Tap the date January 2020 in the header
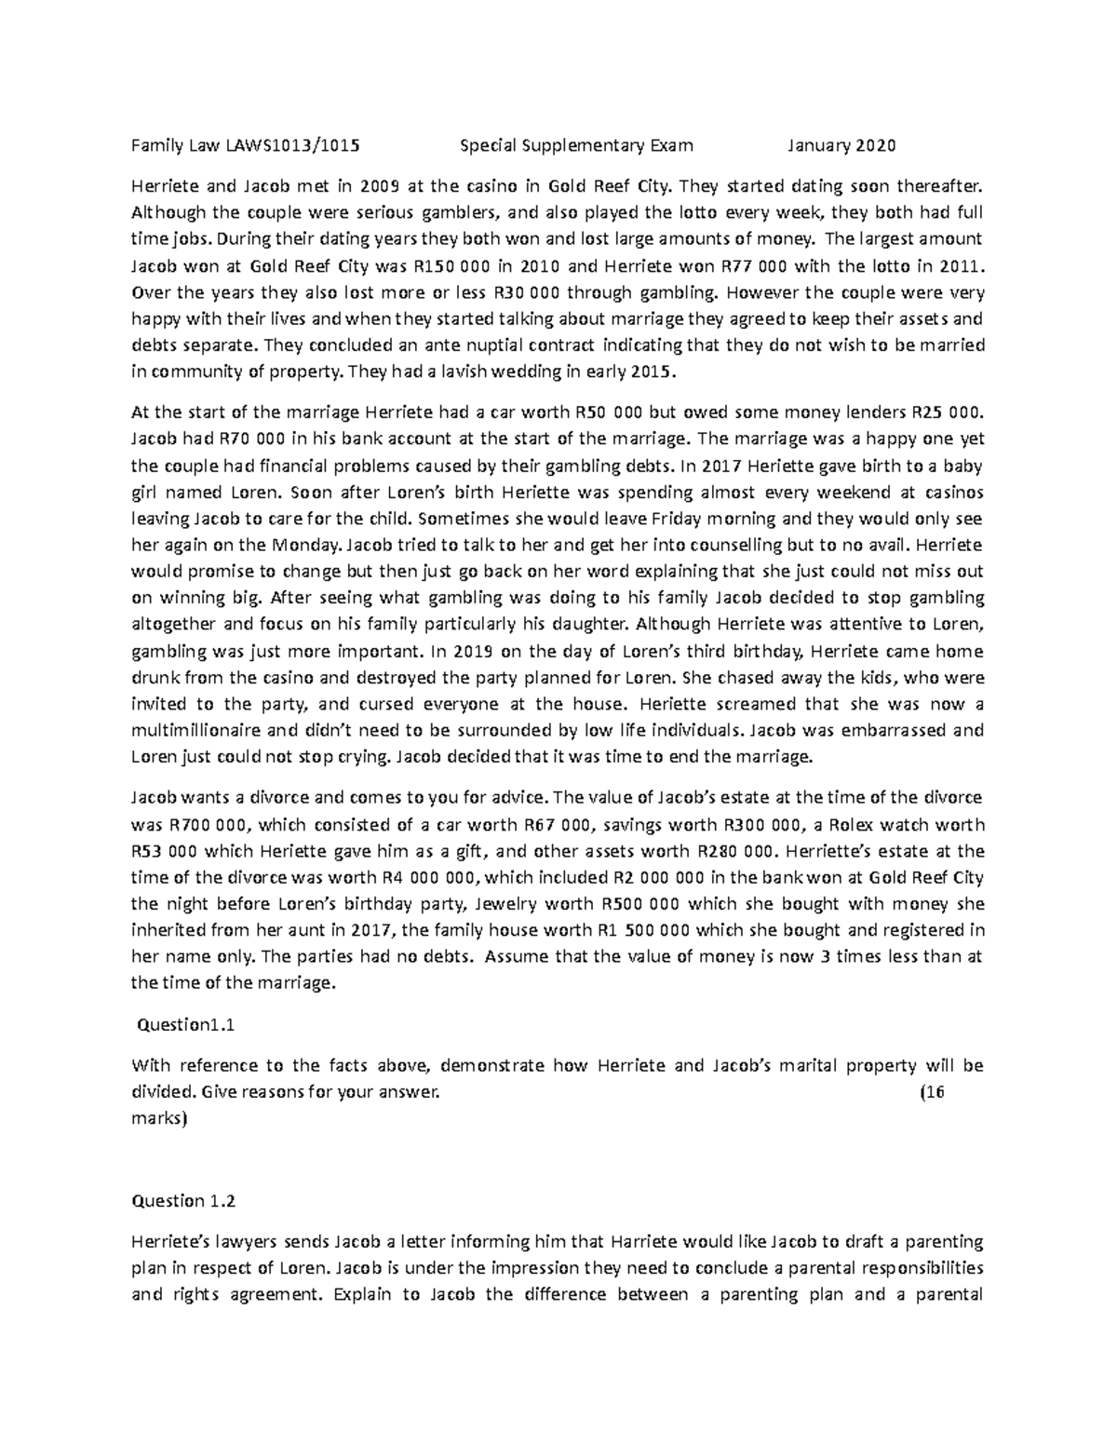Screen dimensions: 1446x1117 pos(841,145)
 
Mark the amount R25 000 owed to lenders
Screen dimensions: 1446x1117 pos(945,412)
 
